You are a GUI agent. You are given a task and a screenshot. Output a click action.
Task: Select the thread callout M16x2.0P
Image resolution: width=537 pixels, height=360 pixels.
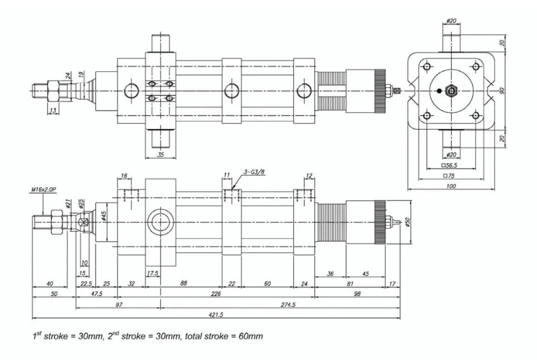pos(43,189)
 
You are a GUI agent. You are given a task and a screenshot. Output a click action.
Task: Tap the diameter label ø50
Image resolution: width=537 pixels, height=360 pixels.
pos(408,222)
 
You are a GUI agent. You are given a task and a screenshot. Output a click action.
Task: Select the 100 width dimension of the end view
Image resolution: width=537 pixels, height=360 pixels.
pos(451,186)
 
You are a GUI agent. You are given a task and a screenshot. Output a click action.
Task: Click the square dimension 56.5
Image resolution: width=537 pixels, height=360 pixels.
pos(451,165)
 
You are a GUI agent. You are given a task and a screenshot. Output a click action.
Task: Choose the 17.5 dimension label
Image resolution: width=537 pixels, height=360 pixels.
pos(153,273)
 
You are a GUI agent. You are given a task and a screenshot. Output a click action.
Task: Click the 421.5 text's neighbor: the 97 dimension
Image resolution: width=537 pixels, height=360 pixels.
pos(119,304)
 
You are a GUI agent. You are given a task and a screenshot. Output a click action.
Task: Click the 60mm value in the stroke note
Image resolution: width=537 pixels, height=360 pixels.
pos(250,336)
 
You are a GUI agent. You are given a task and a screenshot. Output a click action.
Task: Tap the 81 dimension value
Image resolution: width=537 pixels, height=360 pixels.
pos(349,284)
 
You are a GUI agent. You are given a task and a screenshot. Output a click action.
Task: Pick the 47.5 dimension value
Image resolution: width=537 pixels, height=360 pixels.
pos(97,293)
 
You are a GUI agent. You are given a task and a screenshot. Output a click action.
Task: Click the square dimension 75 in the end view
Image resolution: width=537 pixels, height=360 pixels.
pos(451,175)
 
